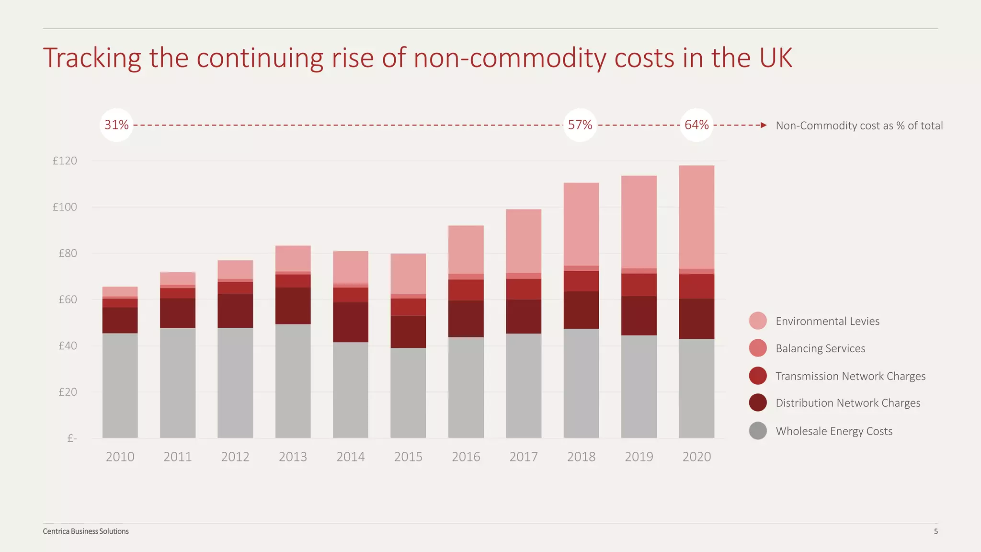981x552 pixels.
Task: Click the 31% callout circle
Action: click(x=116, y=125)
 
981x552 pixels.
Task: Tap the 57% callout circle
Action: click(x=580, y=125)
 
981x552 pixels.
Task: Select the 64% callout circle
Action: click(x=696, y=125)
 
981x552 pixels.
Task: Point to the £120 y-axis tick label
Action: click(x=65, y=161)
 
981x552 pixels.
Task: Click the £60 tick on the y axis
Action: click(x=68, y=300)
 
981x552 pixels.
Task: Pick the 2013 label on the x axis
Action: click(x=293, y=457)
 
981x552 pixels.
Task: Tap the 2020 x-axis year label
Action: click(x=696, y=457)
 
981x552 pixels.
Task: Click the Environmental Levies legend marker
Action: click(x=758, y=321)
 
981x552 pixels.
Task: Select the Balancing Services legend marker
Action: click(x=758, y=348)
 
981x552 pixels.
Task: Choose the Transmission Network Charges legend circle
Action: click(x=758, y=376)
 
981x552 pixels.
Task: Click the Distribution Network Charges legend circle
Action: click(x=758, y=403)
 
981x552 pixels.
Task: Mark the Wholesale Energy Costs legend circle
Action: click(x=758, y=431)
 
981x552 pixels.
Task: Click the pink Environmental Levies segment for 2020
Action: click(x=696, y=217)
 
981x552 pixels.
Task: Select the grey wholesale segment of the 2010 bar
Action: click(x=120, y=385)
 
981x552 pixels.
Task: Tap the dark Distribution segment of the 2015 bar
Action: click(x=408, y=332)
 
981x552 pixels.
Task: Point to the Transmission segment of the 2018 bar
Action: click(x=581, y=281)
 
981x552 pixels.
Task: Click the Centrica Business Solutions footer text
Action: click(x=86, y=531)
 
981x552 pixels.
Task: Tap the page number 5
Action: click(x=935, y=531)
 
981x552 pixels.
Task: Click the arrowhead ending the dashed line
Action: click(x=764, y=126)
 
